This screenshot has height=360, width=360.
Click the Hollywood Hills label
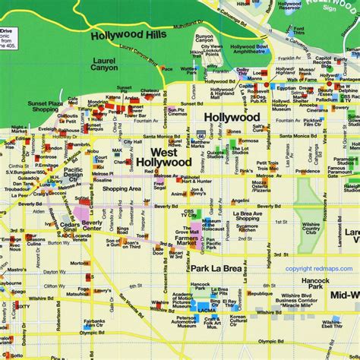[126, 35]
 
